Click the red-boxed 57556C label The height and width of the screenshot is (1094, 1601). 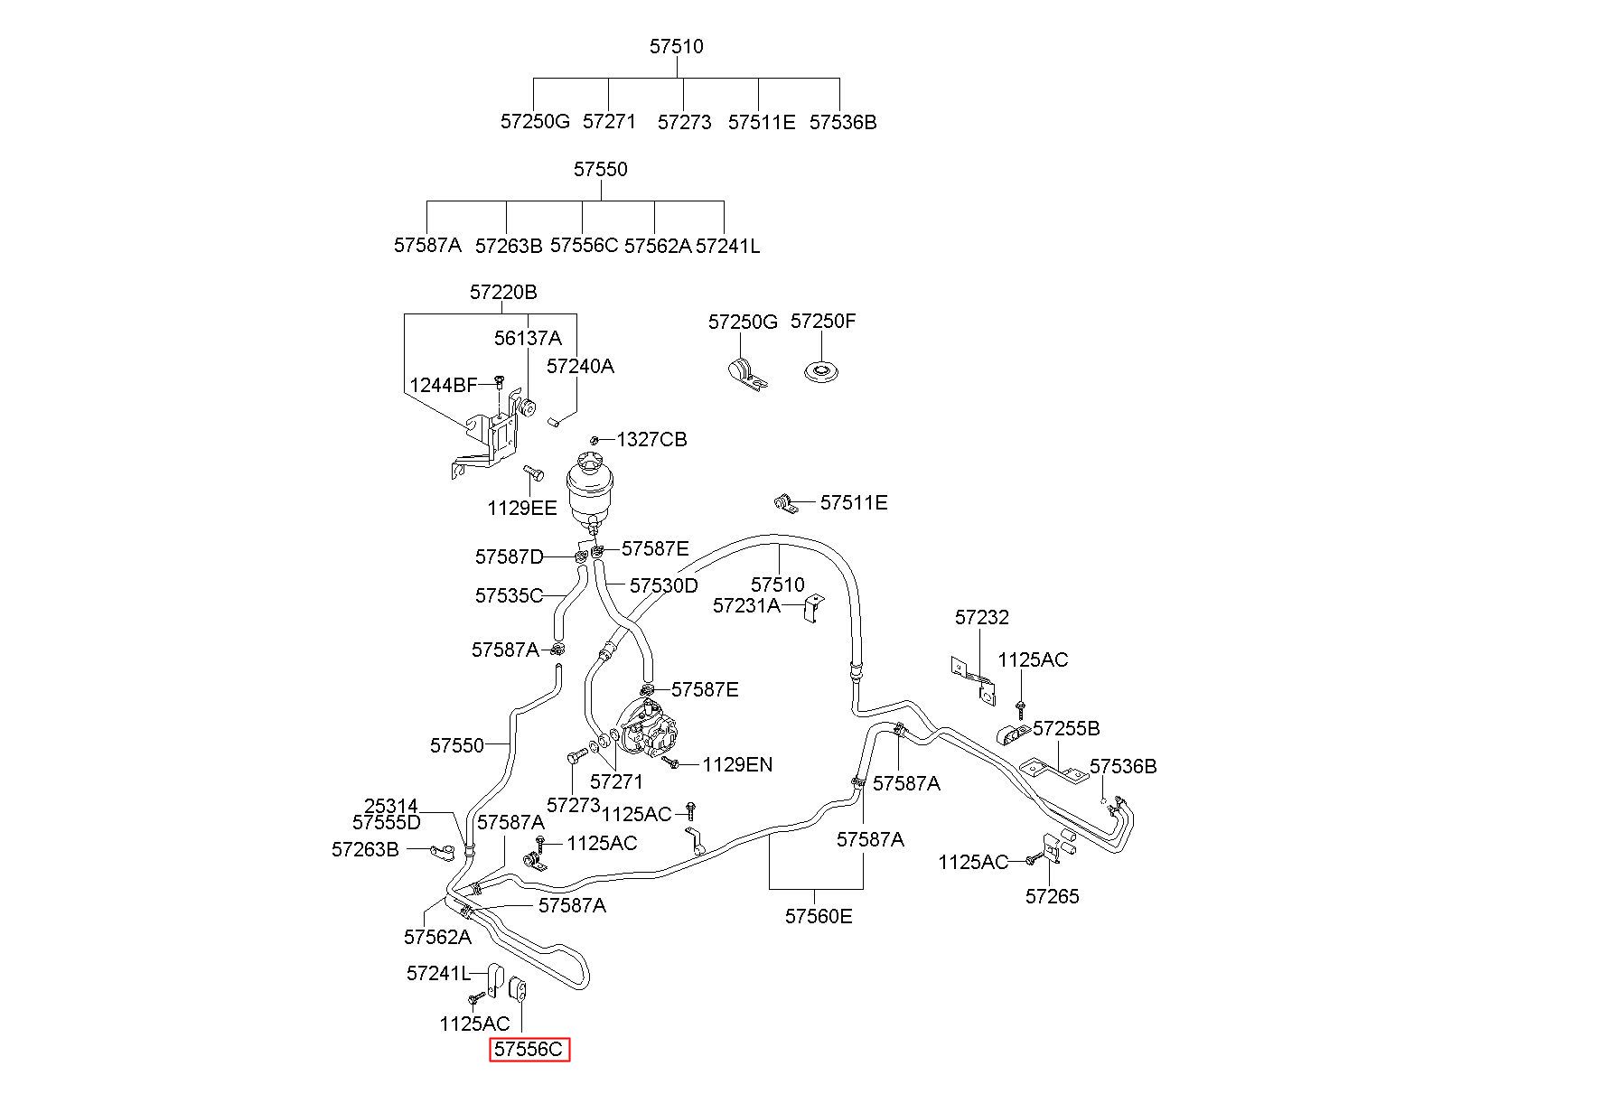(x=529, y=1050)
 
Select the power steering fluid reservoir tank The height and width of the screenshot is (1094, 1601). (x=592, y=488)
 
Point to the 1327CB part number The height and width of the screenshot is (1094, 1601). (x=651, y=440)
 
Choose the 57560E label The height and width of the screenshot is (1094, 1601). (x=818, y=917)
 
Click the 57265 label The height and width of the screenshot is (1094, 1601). (x=1052, y=897)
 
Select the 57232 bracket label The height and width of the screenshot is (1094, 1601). (x=981, y=618)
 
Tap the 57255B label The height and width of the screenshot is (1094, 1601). (x=1066, y=729)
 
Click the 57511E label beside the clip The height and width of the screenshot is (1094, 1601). (x=853, y=503)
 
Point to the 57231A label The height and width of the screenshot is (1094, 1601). (x=746, y=606)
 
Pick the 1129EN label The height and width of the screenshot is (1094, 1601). (x=737, y=765)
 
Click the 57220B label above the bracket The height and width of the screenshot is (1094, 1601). (x=503, y=293)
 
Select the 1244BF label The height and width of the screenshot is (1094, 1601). (x=444, y=386)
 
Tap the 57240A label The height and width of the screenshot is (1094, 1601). (x=580, y=366)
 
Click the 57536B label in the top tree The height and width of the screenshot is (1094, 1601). (x=842, y=123)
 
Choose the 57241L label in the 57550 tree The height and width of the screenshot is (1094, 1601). (x=727, y=246)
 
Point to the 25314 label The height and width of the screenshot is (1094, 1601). (x=391, y=806)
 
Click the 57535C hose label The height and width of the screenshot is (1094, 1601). (x=509, y=596)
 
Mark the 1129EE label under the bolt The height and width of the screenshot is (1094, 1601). (x=522, y=509)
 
